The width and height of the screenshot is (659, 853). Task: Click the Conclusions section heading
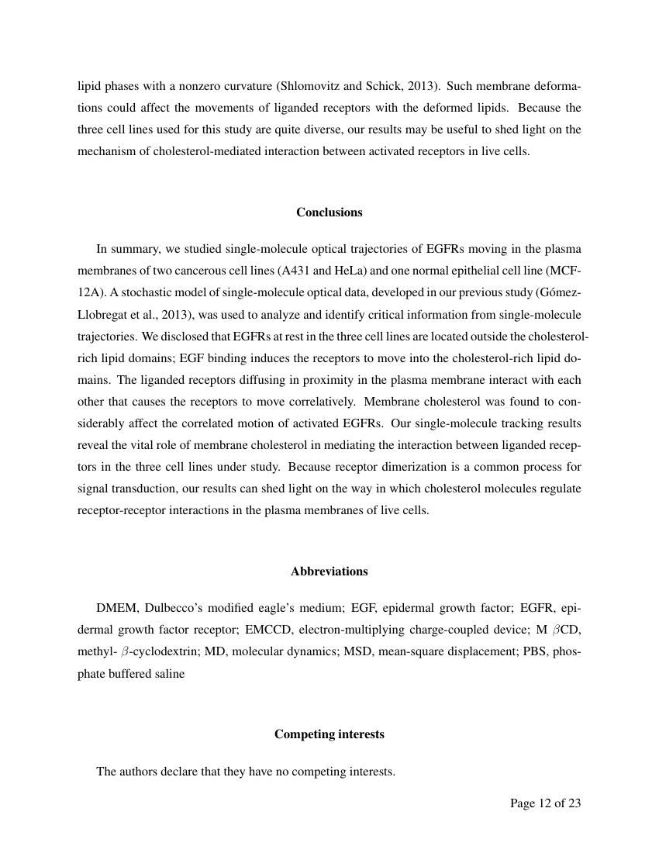point(329,212)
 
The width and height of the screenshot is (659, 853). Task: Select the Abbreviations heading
point(329,572)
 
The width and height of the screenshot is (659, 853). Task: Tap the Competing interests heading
point(329,734)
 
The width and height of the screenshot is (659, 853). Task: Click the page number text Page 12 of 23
point(545,803)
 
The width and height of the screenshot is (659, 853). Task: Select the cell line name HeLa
point(350,271)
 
